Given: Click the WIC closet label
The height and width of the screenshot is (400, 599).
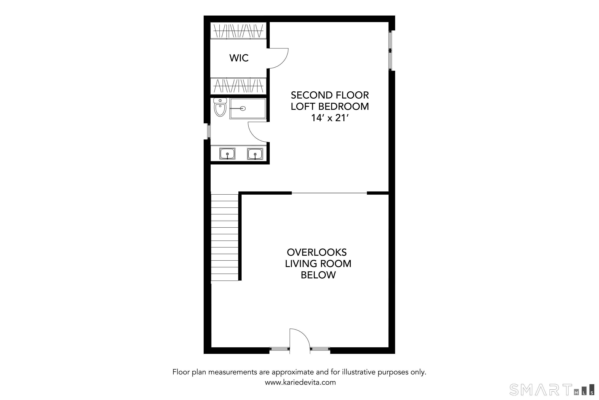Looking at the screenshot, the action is click(x=239, y=58).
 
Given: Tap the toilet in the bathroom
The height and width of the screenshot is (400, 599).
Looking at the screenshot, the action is click(x=220, y=107).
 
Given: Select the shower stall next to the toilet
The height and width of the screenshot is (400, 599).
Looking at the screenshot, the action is click(x=248, y=108).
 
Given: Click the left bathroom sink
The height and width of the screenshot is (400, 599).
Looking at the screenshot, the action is click(x=227, y=154).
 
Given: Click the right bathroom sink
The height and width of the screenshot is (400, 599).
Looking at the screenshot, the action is click(x=255, y=154).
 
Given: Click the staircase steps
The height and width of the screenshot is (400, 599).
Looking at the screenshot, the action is click(x=225, y=237).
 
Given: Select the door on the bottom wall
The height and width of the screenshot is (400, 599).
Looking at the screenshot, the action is click(x=300, y=341).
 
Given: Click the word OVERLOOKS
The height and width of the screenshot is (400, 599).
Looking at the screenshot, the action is click(x=317, y=252).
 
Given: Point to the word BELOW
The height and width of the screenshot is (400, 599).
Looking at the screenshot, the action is click(x=318, y=275).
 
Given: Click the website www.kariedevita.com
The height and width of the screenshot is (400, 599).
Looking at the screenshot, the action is click(x=300, y=382).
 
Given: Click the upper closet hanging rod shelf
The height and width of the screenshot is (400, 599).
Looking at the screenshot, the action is click(x=238, y=31).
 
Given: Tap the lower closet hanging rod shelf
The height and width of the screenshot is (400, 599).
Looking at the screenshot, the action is click(x=238, y=86).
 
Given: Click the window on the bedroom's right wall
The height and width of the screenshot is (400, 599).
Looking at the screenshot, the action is click(x=390, y=51).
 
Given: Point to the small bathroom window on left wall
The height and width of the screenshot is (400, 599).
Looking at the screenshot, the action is click(x=209, y=131).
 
